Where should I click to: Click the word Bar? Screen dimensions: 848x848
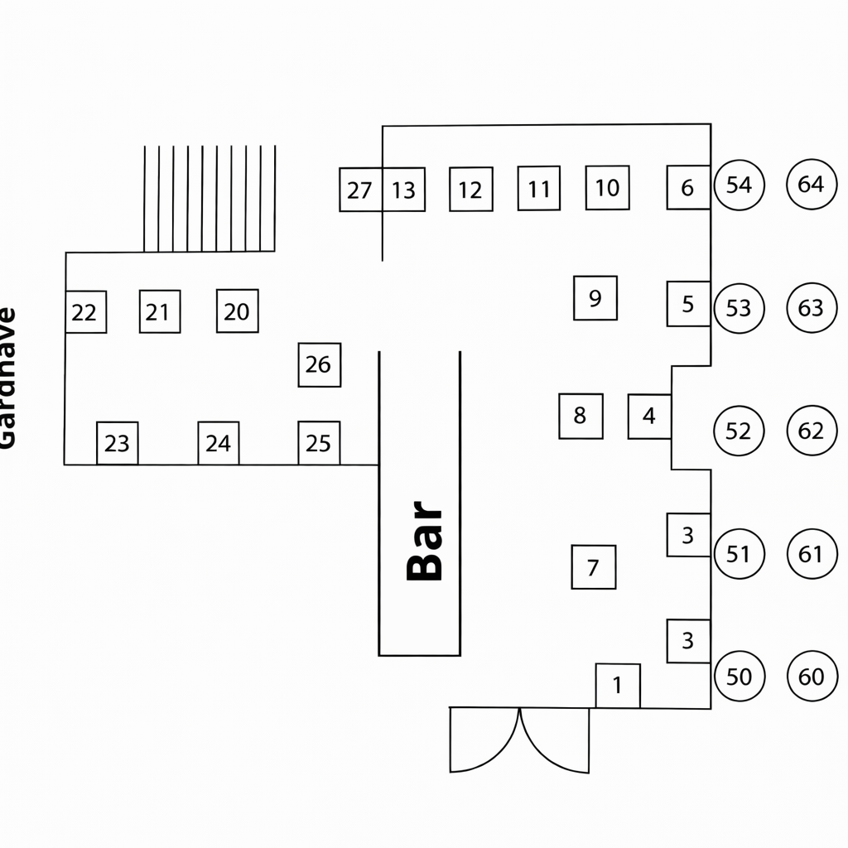click(x=426, y=541)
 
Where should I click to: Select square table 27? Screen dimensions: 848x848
click(x=360, y=190)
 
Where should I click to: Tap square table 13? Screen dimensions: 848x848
click(x=404, y=190)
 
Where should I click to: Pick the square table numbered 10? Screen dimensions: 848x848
click(x=607, y=188)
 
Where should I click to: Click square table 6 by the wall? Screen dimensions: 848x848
click(x=688, y=187)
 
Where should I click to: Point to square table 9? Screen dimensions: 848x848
click(x=595, y=298)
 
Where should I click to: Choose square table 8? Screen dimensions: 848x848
click(x=581, y=416)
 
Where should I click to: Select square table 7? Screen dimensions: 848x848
click(x=593, y=567)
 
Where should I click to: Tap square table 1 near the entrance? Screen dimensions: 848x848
click(x=618, y=686)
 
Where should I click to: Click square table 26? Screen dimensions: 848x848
click(x=319, y=364)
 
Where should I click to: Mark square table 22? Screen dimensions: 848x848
click(x=85, y=312)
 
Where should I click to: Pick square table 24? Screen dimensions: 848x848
click(x=219, y=443)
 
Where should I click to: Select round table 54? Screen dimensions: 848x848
click(x=739, y=185)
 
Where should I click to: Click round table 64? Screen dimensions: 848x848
click(x=811, y=184)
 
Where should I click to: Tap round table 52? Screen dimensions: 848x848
click(x=738, y=431)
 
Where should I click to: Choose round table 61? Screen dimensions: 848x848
click(x=812, y=553)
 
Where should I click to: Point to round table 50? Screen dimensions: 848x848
click(x=739, y=677)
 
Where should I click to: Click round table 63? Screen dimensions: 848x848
click(x=812, y=307)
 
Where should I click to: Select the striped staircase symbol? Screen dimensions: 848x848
click(x=209, y=199)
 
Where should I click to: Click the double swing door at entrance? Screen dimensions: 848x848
click(x=519, y=739)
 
